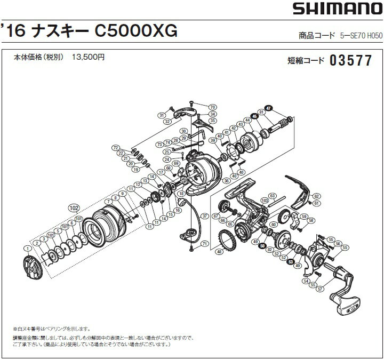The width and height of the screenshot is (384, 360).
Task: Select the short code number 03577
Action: tap(350, 60)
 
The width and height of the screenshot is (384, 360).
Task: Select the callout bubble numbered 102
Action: tap(74, 207)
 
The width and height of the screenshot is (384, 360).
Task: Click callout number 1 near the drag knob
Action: tap(25, 249)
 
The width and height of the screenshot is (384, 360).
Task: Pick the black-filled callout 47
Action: tap(268, 108)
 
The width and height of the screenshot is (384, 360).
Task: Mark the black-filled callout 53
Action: tap(290, 261)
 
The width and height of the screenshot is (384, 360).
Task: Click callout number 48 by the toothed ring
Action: tap(219, 251)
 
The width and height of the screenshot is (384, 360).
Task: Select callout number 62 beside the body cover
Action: tap(316, 196)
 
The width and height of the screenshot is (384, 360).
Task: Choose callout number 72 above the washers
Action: tap(115, 147)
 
